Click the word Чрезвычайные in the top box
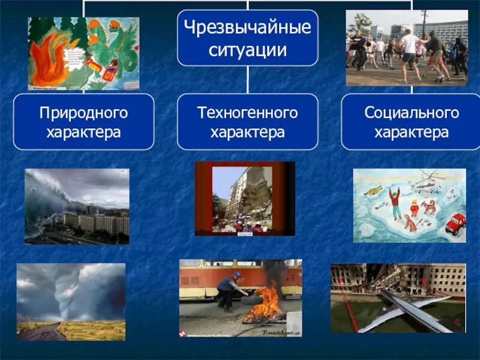[247, 28]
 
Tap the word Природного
[83, 112]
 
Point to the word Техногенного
[247, 112]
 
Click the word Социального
[412, 112]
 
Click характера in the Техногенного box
[247, 132]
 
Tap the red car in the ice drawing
[455, 223]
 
